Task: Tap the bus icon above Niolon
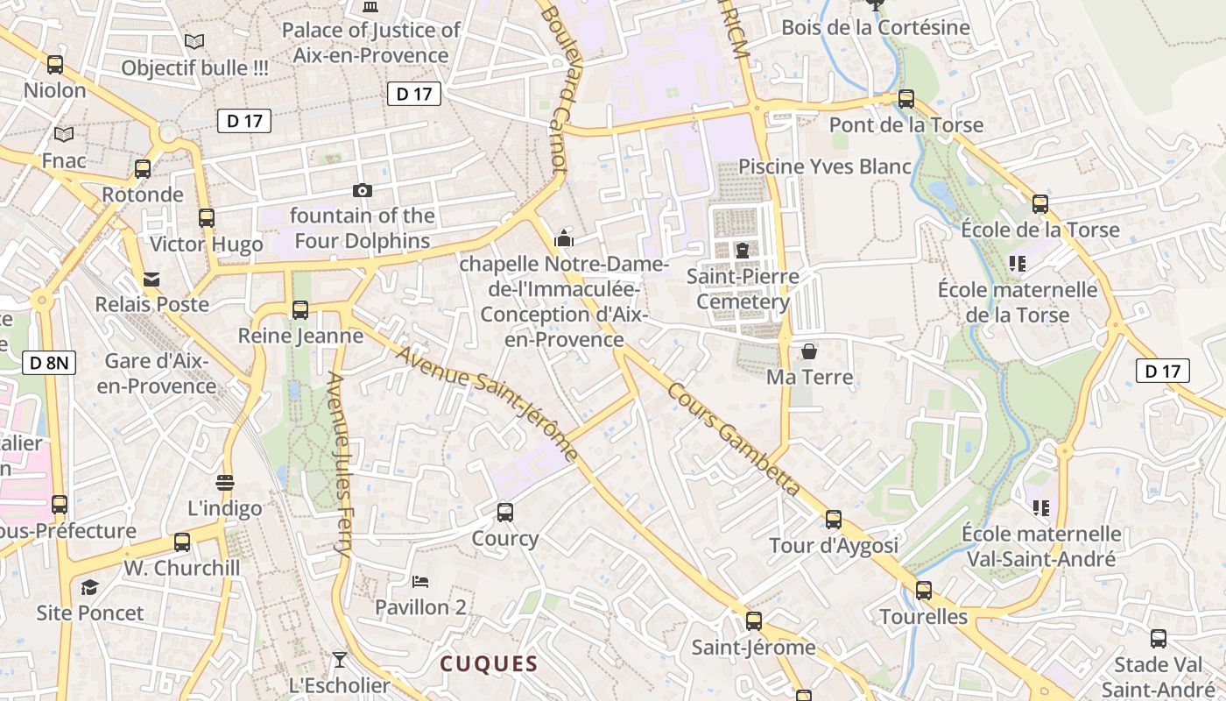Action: pyautogui.click(x=55, y=64)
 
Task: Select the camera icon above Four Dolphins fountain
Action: pyautogui.click(x=362, y=190)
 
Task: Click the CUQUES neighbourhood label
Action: pyautogui.click(x=489, y=663)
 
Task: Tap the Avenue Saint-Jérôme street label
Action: pyautogui.click(x=486, y=404)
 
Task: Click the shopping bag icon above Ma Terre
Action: pyautogui.click(x=809, y=351)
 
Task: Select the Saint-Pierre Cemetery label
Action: pyautogui.click(x=743, y=289)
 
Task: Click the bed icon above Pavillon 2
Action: pyautogui.click(x=420, y=581)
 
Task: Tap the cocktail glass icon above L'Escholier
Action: pyautogui.click(x=340, y=659)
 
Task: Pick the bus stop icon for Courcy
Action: pyautogui.click(x=505, y=512)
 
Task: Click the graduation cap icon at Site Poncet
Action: pyautogui.click(x=89, y=587)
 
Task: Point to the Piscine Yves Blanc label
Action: pyautogui.click(x=825, y=166)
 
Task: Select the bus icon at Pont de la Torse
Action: pyautogui.click(x=906, y=99)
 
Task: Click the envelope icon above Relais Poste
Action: pyautogui.click(x=151, y=280)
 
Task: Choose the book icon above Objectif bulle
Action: pyautogui.click(x=194, y=41)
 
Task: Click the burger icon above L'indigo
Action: pyautogui.click(x=225, y=482)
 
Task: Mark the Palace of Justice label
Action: pyautogui.click(x=370, y=42)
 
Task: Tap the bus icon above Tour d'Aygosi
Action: pyautogui.click(x=834, y=520)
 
